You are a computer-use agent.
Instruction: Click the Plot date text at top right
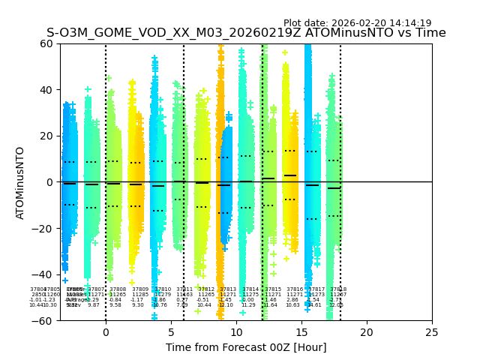point(357,23)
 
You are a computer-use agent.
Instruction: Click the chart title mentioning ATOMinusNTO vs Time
point(246,33)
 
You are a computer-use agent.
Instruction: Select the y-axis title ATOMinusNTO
point(21,182)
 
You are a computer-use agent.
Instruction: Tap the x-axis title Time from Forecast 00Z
point(246,347)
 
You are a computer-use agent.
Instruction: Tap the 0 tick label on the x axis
point(106,332)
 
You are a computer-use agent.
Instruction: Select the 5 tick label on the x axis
point(171,332)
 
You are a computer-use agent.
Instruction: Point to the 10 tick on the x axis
point(236,332)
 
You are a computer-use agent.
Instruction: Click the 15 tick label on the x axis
point(301,332)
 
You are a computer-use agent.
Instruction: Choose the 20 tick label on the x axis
point(367,332)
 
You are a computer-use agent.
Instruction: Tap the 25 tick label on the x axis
point(432,332)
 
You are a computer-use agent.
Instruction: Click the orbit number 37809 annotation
point(140,289)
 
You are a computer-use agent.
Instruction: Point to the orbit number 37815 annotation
point(273,289)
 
